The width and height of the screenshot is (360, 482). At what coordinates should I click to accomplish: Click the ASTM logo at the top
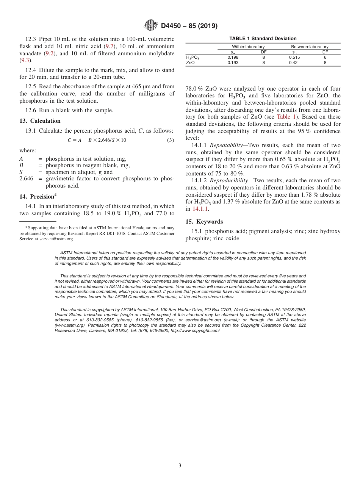(151, 25)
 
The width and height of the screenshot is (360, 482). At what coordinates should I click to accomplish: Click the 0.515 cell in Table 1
(294, 57)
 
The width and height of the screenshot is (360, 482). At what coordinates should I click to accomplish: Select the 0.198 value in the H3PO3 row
(233, 57)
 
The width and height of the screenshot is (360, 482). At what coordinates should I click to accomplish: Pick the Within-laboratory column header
(248, 47)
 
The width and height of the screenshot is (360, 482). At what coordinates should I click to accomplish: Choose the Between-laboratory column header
(310, 47)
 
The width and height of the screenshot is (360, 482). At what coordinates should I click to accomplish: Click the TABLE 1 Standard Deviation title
(263, 39)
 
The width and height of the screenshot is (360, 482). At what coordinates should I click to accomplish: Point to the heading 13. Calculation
(40, 121)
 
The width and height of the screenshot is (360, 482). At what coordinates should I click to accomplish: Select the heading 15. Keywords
(204, 222)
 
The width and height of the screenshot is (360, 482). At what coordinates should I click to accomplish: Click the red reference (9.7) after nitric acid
(110, 46)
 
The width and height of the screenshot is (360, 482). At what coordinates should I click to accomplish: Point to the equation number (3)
(171, 140)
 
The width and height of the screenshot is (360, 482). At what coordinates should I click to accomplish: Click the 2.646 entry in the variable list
(26, 178)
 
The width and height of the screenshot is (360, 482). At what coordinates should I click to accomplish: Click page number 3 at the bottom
(180, 466)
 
